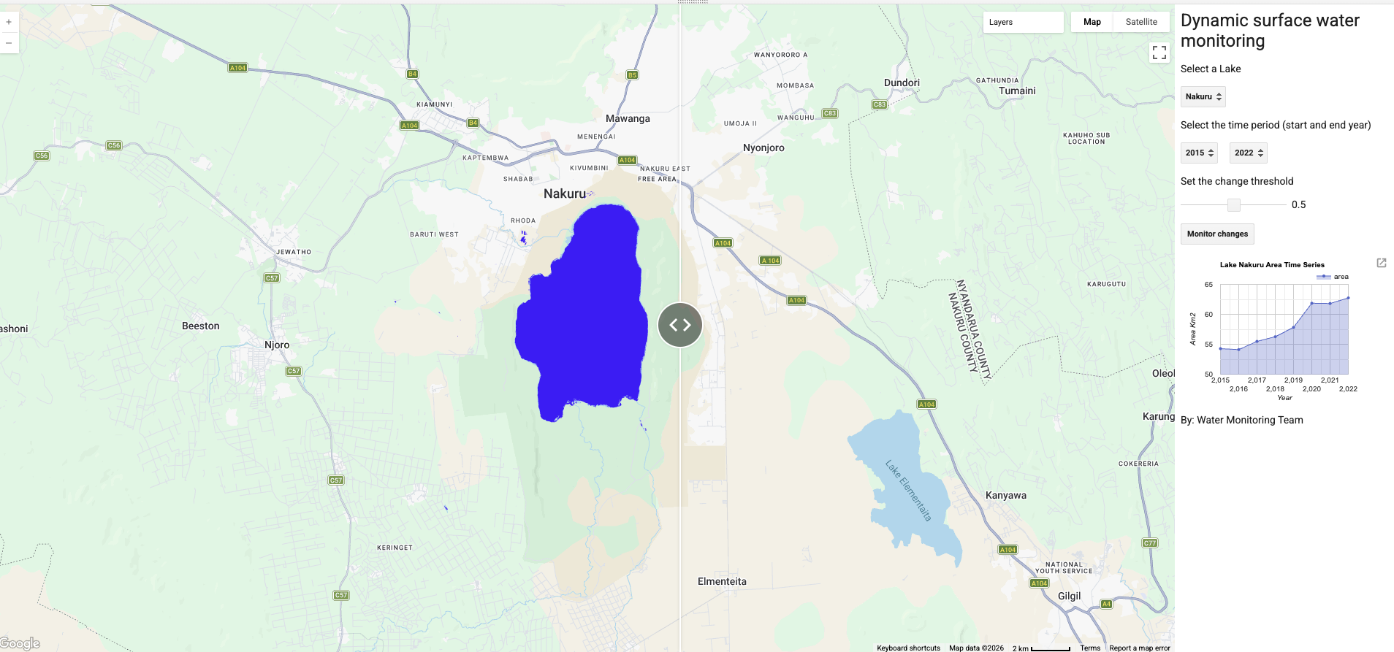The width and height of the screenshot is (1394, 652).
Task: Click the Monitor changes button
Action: pos(1217,234)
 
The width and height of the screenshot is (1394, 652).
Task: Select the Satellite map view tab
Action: pos(1141,22)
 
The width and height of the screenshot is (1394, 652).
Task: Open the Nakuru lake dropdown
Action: pos(1203,96)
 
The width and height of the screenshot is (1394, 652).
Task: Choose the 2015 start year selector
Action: pos(1199,153)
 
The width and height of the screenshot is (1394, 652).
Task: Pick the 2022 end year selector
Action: pos(1248,153)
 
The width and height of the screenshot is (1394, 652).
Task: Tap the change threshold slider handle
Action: pos(1234,205)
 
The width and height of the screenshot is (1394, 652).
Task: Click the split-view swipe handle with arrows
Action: pos(680,325)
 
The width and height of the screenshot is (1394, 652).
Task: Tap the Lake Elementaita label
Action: pos(908,490)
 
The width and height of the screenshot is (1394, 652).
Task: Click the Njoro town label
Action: pos(277,345)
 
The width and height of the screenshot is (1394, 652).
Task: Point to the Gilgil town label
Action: pos(1069,596)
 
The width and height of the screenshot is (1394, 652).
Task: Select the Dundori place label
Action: pos(902,83)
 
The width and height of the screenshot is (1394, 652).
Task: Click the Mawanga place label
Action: pos(628,118)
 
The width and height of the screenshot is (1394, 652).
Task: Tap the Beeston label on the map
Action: pos(201,326)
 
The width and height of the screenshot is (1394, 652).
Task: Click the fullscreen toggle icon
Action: pos(1159,53)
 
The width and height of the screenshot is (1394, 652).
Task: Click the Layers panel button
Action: pos(1023,22)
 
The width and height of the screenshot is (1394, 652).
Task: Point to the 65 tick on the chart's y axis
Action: pos(1208,285)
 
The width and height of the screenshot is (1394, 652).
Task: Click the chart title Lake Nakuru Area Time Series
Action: pos(1272,265)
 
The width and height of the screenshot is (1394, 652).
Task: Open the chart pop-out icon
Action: pos(1382,263)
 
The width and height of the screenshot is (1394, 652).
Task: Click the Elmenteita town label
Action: pos(722,581)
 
